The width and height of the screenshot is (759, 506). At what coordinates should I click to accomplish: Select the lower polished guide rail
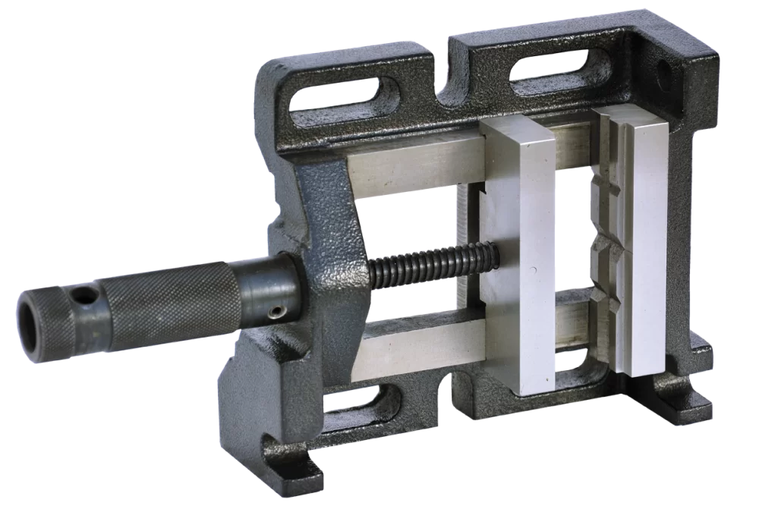(417, 345)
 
